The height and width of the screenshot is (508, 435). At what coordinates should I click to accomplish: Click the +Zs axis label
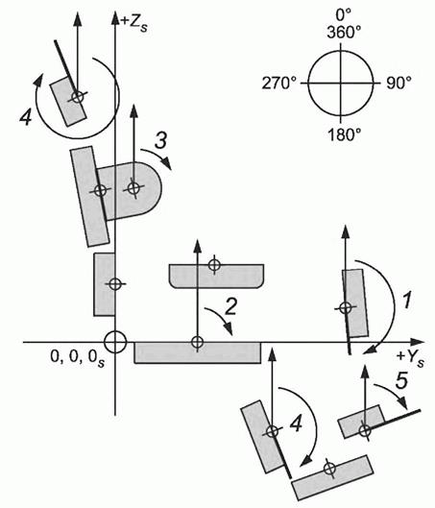click(x=133, y=23)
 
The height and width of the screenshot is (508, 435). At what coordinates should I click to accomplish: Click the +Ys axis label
click(x=410, y=358)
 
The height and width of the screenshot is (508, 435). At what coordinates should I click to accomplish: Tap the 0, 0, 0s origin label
click(x=78, y=357)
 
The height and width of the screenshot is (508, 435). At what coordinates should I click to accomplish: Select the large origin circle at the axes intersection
click(x=115, y=342)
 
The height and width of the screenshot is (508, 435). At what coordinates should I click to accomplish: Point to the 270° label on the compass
click(x=279, y=84)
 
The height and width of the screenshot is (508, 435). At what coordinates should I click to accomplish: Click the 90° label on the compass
click(x=399, y=83)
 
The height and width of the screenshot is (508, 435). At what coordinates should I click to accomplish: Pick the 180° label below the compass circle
click(x=344, y=134)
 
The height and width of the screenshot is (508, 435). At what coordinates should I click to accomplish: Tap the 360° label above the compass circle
click(x=344, y=33)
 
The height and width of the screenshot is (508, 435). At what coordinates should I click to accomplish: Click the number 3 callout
click(x=160, y=140)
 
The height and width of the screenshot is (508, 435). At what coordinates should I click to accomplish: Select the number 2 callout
click(x=230, y=306)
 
